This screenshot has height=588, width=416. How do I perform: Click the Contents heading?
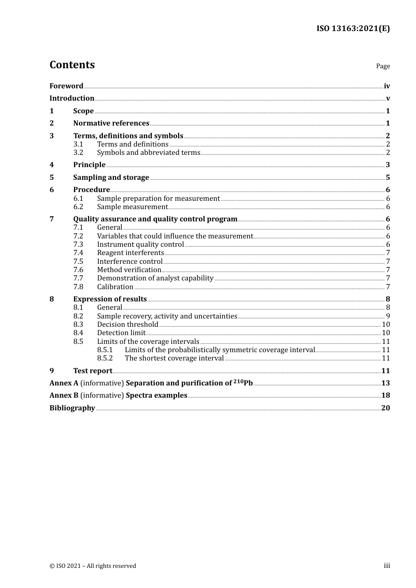(72, 65)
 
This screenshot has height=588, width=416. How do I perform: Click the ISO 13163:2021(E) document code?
(353, 29)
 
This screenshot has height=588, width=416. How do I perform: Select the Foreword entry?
(66, 86)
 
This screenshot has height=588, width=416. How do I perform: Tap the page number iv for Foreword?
(387, 86)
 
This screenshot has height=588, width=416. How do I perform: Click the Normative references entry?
(111, 123)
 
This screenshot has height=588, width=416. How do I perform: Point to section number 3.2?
(78, 153)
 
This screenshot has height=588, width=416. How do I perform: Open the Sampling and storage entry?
(111, 178)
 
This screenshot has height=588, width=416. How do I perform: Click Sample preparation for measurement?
(158, 199)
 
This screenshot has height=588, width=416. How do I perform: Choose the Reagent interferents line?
(130, 253)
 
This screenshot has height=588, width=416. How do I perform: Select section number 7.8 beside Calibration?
(78, 287)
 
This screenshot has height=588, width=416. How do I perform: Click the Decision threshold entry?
(127, 325)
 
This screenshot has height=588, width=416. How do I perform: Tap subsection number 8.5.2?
(105, 358)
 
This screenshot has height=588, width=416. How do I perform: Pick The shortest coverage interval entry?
(174, 358)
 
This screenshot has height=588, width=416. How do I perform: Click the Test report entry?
(93, 371)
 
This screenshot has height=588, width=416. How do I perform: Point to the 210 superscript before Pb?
(238, 381)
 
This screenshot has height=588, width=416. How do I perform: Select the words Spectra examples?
(156, 395)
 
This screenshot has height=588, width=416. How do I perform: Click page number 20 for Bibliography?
(385, 408)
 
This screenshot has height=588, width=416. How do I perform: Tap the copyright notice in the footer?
(93, 566)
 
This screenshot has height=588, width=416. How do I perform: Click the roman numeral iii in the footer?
(387, 566)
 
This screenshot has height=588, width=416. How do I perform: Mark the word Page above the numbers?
(383, 66)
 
